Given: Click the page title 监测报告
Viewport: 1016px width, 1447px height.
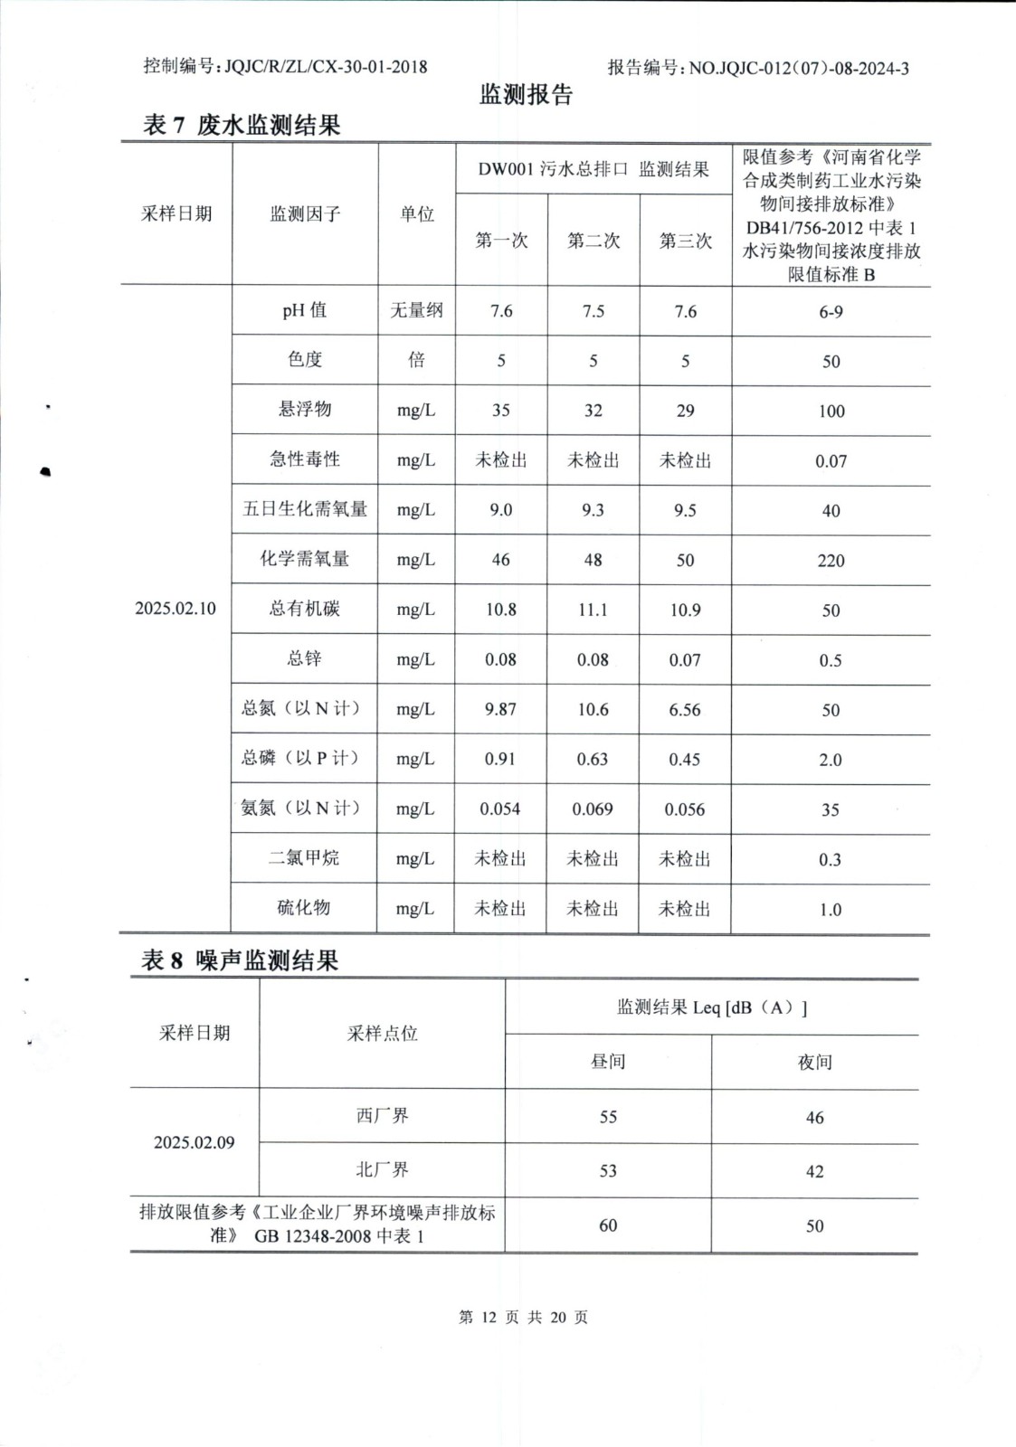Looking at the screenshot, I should coord(526,95).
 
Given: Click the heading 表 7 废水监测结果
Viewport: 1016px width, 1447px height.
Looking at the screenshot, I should coord(242,125).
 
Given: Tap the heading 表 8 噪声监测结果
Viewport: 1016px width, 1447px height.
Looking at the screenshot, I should coord(240,960).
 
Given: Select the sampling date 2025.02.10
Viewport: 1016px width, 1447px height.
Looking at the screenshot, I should coord(176,609).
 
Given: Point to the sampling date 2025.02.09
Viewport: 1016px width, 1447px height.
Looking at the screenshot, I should coord(194,1143).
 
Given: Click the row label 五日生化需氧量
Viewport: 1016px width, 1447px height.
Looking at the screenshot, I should coord(305,509).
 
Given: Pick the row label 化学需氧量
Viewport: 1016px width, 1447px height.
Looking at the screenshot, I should coord(305,559).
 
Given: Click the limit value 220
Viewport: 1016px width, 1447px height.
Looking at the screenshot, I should coord(831,561).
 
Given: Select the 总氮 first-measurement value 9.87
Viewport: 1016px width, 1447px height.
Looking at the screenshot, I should coord(500,710).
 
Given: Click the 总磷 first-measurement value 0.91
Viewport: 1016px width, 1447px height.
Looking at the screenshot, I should coord(500,760).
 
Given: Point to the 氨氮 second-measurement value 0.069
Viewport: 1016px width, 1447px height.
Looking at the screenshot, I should coord(593,809).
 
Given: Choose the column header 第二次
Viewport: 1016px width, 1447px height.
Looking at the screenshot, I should coord(593,241).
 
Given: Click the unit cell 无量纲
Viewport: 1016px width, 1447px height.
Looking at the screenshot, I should coord(416,311).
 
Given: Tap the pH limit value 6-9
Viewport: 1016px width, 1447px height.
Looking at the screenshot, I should coord(831,312).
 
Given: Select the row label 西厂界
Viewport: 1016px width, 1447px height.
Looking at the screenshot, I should coord(382,1116).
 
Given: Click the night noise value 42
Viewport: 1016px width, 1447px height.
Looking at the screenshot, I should coord(814,1172).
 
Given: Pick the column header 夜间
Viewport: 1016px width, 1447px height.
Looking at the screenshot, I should coord(814,1063).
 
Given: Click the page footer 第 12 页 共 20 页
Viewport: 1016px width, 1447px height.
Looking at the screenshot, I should coord(523,1318).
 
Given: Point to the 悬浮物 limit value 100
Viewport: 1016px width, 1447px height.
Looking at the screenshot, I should coord(831,411).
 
